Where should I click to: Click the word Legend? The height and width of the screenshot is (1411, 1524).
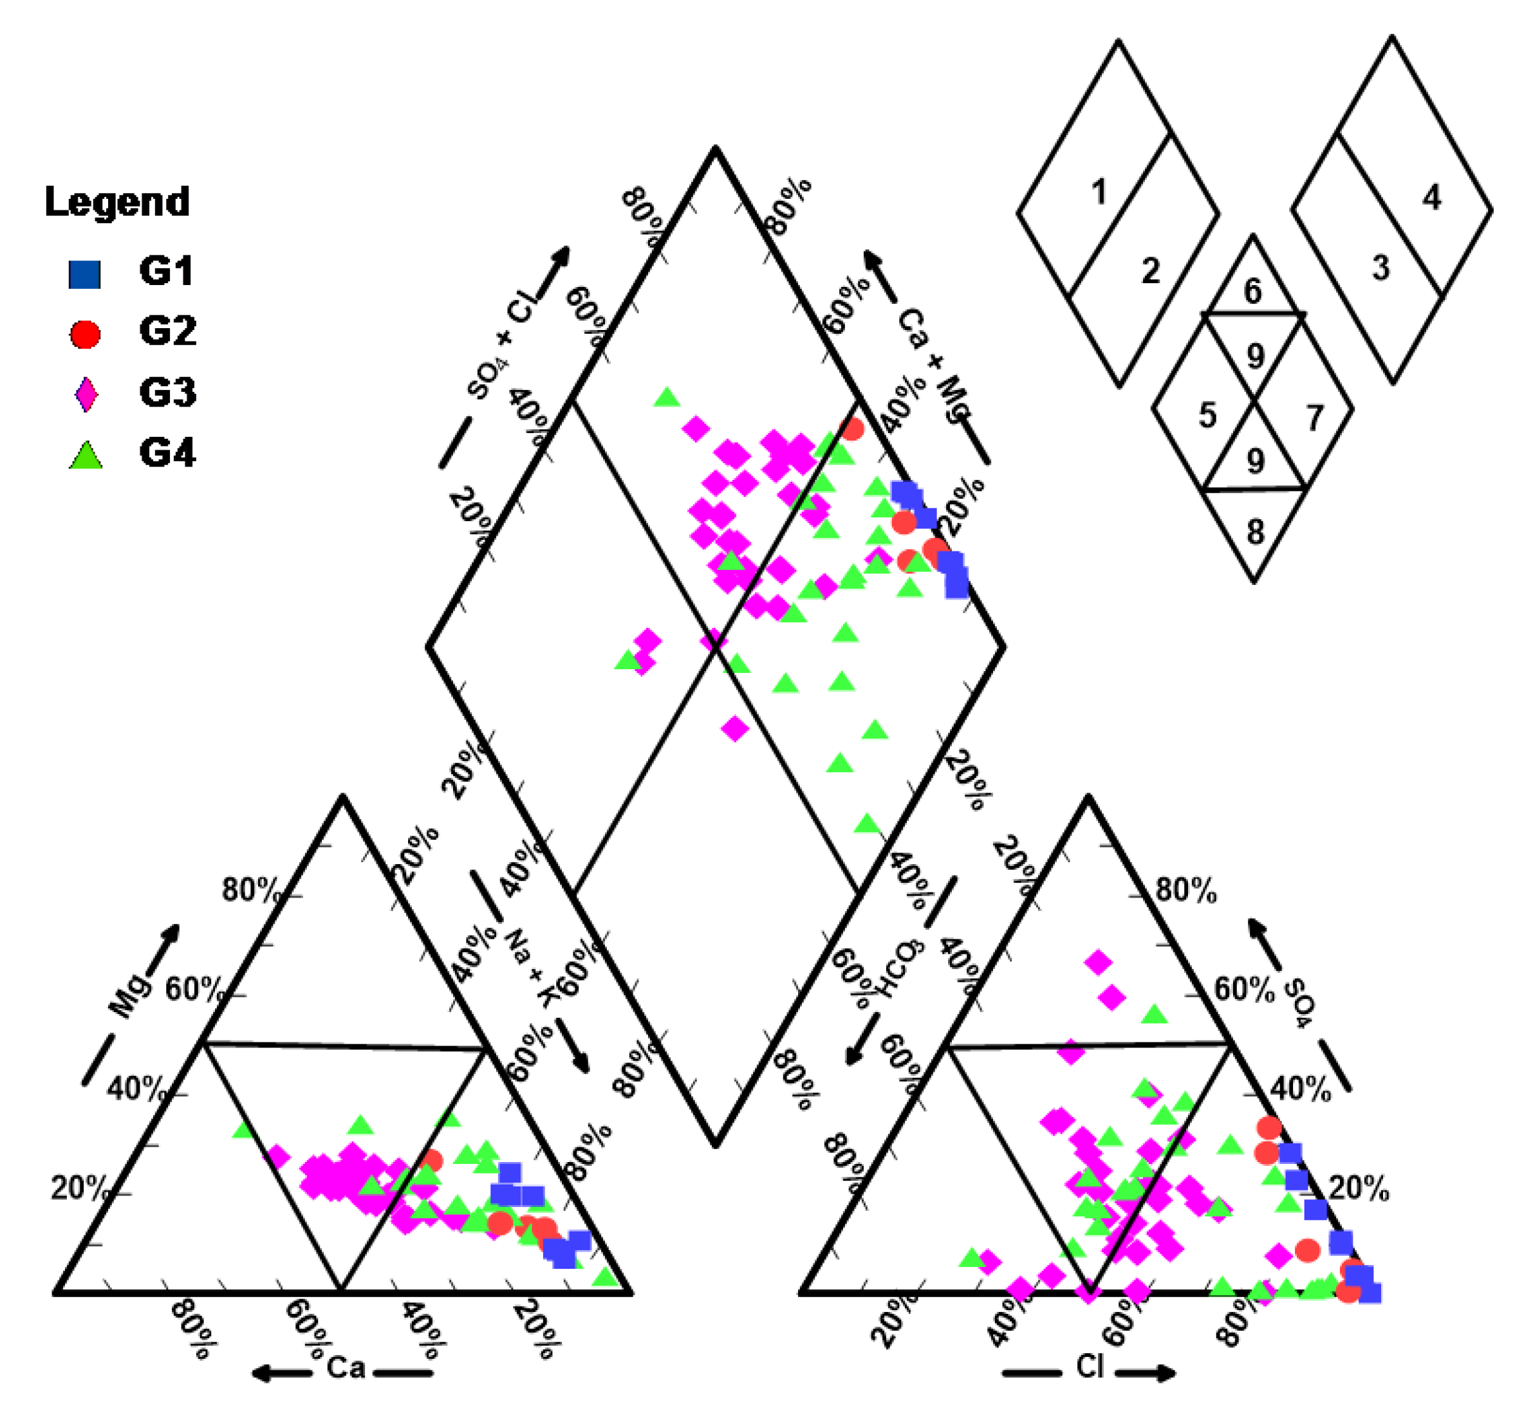[x=117, y=202]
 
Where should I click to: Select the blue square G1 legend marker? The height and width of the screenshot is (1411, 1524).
[x=84, y=274]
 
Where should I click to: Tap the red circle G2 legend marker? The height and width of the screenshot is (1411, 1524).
[x=85, y=334]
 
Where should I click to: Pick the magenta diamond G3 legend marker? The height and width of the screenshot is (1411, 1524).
[x=86, y=394]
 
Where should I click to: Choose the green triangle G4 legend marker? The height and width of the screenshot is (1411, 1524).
[x=86, y=455]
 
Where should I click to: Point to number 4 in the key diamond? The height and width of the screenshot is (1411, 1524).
[x=1431, y=198]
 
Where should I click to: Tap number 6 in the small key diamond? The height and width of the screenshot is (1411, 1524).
[x=1252, y=291]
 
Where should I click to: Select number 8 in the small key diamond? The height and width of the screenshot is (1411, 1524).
[x=1255, y=531]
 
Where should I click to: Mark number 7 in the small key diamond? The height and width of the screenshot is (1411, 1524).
[x=1314, y=418]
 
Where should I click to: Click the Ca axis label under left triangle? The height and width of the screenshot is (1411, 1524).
[x=345, y=1366]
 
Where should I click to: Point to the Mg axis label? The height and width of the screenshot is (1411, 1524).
[x=131, y=995]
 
